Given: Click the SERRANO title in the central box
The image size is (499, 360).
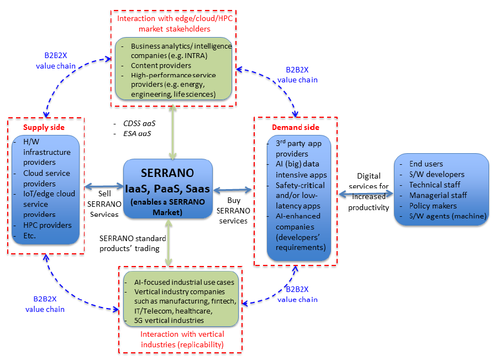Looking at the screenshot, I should pyautogui.click(x=168, y=171).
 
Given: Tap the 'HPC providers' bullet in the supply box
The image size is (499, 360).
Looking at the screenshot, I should pyautogui.click(x=47, y=225).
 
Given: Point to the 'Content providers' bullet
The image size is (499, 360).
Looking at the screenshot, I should pyautogui.click(x=160, y=65).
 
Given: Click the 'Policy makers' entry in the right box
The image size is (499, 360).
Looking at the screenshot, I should pyautogui.click(x=433, y=206).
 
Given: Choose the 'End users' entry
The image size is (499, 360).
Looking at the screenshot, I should pyautogui.click(x=427, y=164).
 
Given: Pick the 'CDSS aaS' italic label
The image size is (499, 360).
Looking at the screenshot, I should pyautogui.click(x=139, y=123).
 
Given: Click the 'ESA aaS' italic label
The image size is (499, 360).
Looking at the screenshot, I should pyautogui.click(x=137, y=133).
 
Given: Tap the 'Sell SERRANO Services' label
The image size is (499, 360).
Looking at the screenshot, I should pyautogui.click(x=104, y=205).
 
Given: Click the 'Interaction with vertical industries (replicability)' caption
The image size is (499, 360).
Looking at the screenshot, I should pyautogui.click(x=182, y=339).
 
